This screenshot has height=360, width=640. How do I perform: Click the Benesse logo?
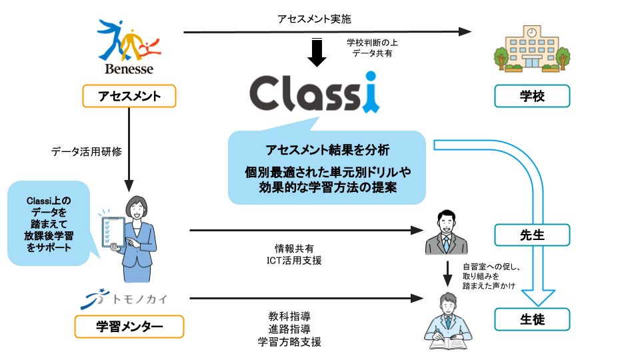click(x=129, y=47)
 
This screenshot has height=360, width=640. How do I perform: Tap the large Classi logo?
click(x=315, y=92)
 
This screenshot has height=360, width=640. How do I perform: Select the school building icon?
click(x=532, y=49)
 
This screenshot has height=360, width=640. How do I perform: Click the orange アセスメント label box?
click(x=129, y=96)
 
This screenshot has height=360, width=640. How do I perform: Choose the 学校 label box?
click(x=532, y=96)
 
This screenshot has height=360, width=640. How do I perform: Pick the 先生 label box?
click(x=532, y=235)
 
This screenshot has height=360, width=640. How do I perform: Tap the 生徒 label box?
click(x=532, y=319)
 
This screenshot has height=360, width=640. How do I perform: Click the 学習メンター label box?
click(x=129, y=327)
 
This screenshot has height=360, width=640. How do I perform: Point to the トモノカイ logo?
click(x=124, y=299)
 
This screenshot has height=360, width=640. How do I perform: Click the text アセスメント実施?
click(x=314, y=19)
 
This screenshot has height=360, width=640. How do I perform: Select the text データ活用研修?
click(x=87, y=152)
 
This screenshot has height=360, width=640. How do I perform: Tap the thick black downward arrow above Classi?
click(x=317, y=52)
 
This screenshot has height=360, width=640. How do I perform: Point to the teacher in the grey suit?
click(x=447, y=232)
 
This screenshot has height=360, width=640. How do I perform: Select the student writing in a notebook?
click(x=448, y=321)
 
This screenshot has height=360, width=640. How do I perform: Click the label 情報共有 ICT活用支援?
click(x=294, y=254)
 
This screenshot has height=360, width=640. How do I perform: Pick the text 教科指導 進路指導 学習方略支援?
click(x=289, y=329)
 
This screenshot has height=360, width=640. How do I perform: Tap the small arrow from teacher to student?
click(x=448, y=274)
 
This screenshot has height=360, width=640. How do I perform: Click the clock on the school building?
click(x=532, y=32)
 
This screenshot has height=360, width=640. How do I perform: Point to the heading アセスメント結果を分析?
click(x=327, y=150)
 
